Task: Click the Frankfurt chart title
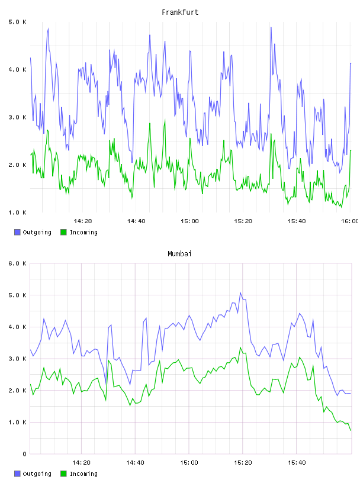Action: click(180, 12)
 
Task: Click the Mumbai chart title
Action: click(179, 254)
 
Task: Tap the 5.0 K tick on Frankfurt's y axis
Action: click(18, 22)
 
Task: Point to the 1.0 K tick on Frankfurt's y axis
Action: click(18, 212)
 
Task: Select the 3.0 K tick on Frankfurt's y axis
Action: click(18, 117)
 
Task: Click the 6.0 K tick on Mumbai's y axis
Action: click(18, 263)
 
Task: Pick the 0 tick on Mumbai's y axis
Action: click(24, 454)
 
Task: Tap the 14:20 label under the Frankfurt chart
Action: click(83, 221)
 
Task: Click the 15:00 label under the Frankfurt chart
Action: click(189, 221)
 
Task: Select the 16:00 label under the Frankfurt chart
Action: click(350, 221)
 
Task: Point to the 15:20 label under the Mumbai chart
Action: click(243, 463)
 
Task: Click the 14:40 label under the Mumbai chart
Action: click(136, 463)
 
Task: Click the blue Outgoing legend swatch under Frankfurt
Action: click(17, 232)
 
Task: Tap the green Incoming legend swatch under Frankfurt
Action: click(63, 232)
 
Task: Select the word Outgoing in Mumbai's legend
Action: click(37, 474)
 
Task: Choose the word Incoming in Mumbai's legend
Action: click(83, 474)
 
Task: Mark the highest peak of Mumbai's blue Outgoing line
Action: click(240, 292)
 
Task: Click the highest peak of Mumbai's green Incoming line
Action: click(240, 347)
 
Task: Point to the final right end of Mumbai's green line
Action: click(351, 430)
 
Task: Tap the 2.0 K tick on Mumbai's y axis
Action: click(18, 391)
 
